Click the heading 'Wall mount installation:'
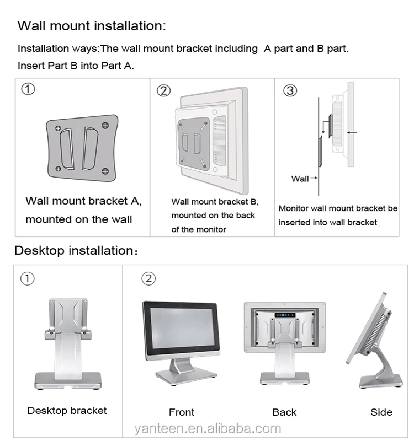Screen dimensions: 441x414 [x=92, y=26]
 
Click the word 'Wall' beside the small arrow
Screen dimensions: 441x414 [x=300, y=178]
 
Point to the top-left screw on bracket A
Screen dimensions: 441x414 [x=58, y=128]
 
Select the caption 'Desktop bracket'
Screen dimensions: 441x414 [x=67, y=411]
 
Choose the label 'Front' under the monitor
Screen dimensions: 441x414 [x=182, y=412]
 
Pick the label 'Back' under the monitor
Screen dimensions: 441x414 [x=284, y=412]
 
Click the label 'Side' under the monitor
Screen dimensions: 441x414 [x=381, y=412]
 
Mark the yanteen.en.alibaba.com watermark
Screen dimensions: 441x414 [x=208, y=428]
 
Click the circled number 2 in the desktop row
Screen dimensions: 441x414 [x=148, y=279]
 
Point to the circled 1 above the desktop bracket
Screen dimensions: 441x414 [x=28, y=279]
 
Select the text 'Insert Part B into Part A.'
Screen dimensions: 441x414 [x=76, y=66]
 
